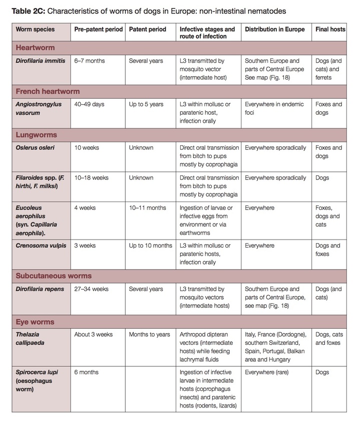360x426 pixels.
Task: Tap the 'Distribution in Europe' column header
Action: coord(274,30)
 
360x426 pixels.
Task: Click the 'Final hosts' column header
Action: coord(330,30)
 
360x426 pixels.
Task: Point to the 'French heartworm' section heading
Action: coord(48,91)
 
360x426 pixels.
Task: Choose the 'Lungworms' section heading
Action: coord(37,135)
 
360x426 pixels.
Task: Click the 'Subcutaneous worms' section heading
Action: coord(54,276)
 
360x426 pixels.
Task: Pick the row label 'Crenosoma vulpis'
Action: coord(39,246)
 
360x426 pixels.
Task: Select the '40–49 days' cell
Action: coord(91,104)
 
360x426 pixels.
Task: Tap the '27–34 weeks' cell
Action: coord(92,289)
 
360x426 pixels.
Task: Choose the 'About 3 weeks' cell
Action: coord(94,334)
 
